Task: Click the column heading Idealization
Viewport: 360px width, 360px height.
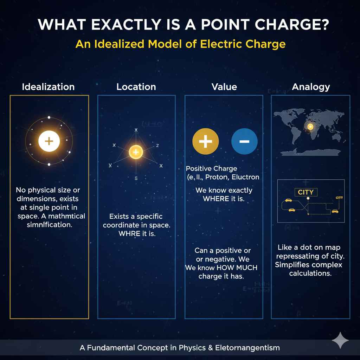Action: [x=48, y=87]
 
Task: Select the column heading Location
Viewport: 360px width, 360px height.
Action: [x=136, y=87]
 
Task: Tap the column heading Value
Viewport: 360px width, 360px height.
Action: [x=224, y=87]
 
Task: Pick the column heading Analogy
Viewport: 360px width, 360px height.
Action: [x=311, y=87]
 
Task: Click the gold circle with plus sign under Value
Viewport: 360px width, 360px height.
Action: [x=206, y=142]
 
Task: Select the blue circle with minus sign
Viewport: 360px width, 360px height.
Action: [x=244, y=142]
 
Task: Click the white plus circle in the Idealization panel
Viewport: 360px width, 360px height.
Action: [x=49, y=141]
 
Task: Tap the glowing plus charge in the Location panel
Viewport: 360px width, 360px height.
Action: [x=136, y=152]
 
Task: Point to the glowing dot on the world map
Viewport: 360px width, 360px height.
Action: [x=310, y=127]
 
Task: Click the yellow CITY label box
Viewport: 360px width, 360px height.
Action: [x=305, y=192]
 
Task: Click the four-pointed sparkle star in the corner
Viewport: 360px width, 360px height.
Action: [x=340, y=340]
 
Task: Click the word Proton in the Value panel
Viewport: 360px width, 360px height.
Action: [x=216, y=177]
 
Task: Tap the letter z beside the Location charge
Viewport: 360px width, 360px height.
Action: [x=157, y=146]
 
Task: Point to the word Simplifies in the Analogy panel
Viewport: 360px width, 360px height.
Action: [x=294, y=265]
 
